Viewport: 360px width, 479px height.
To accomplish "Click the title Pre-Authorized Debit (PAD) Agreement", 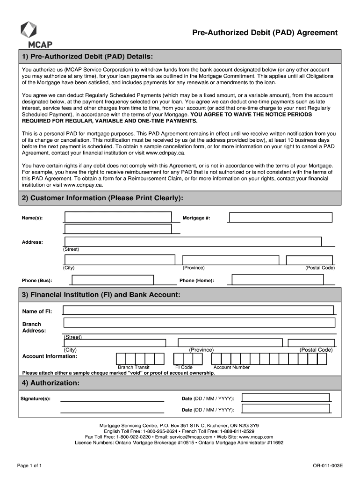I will point(265,32).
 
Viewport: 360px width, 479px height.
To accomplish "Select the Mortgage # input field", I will point(281,217).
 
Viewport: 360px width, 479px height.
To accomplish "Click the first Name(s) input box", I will point(118,217).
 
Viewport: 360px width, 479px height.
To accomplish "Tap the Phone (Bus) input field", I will point(112,280).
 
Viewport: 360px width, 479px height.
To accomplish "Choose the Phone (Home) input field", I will point(278,280).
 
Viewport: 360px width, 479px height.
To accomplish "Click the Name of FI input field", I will point(198,310).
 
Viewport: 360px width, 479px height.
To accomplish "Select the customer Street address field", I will point(193,241).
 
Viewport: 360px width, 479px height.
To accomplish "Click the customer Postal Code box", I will point(310,260).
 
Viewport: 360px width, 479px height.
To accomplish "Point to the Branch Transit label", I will point(134,367).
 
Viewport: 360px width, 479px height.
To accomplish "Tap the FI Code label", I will point(184,367).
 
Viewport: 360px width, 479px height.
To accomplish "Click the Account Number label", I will point(231,367).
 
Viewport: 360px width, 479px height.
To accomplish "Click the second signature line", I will point(112,413).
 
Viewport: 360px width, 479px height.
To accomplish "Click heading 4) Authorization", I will point(51,383).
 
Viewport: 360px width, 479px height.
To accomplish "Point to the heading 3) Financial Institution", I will point(101,295).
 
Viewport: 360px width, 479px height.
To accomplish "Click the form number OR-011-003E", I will point(328,466).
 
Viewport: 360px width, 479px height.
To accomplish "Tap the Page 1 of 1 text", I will point(30,466).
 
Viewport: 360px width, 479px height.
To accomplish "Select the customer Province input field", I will point(230,260).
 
